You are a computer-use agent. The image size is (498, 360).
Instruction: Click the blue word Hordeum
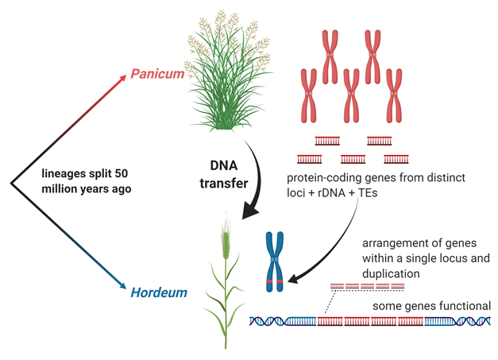[x=160, y=292]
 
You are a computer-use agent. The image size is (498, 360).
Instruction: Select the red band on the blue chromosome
[x=275, y=283]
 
